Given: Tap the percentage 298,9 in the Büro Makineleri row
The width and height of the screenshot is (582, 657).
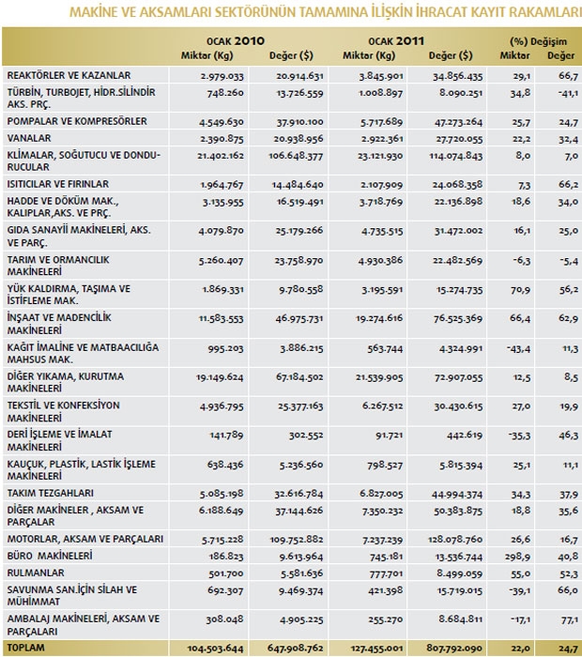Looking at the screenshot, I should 517,556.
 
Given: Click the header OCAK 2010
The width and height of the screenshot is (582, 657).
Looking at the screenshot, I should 224,42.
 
